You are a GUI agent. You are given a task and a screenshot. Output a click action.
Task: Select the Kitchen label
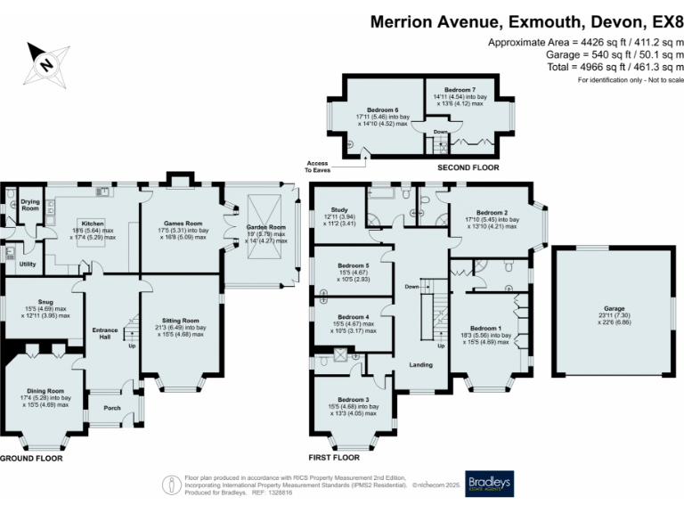[94, 223]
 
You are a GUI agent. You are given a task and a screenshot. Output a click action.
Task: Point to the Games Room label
[181, 224]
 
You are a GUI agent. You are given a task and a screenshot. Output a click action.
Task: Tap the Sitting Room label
[182, 320]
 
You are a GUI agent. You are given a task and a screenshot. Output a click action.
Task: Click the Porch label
[112, 409]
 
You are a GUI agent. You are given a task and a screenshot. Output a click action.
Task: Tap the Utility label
[27, 264]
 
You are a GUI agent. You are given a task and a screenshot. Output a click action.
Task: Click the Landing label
[420, 364]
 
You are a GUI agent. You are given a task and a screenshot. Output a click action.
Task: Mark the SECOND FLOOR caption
[468, 167]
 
